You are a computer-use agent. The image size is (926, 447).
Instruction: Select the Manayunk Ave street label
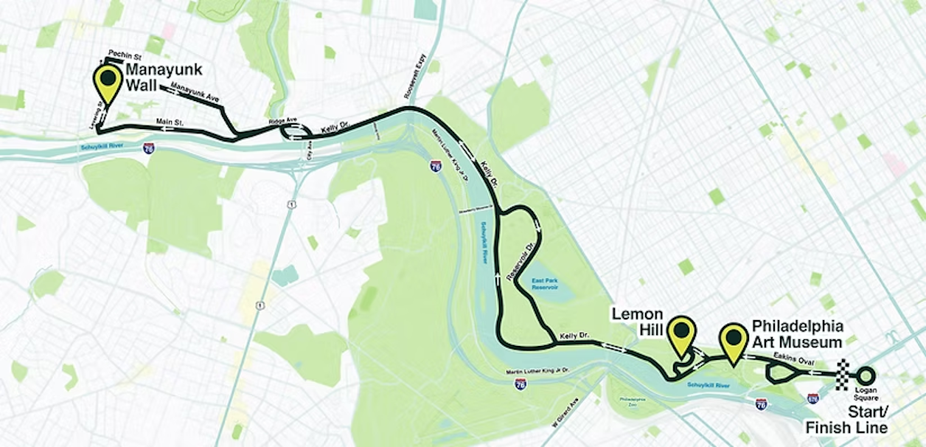189,92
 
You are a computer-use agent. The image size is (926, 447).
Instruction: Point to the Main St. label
170,121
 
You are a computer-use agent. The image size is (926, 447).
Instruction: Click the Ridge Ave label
281,120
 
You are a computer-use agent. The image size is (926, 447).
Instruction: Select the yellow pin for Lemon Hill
681,333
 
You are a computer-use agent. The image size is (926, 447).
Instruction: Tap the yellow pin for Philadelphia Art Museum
734,341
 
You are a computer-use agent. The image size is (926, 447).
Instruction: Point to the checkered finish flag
841,374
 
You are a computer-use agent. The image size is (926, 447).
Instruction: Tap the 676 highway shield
812,398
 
